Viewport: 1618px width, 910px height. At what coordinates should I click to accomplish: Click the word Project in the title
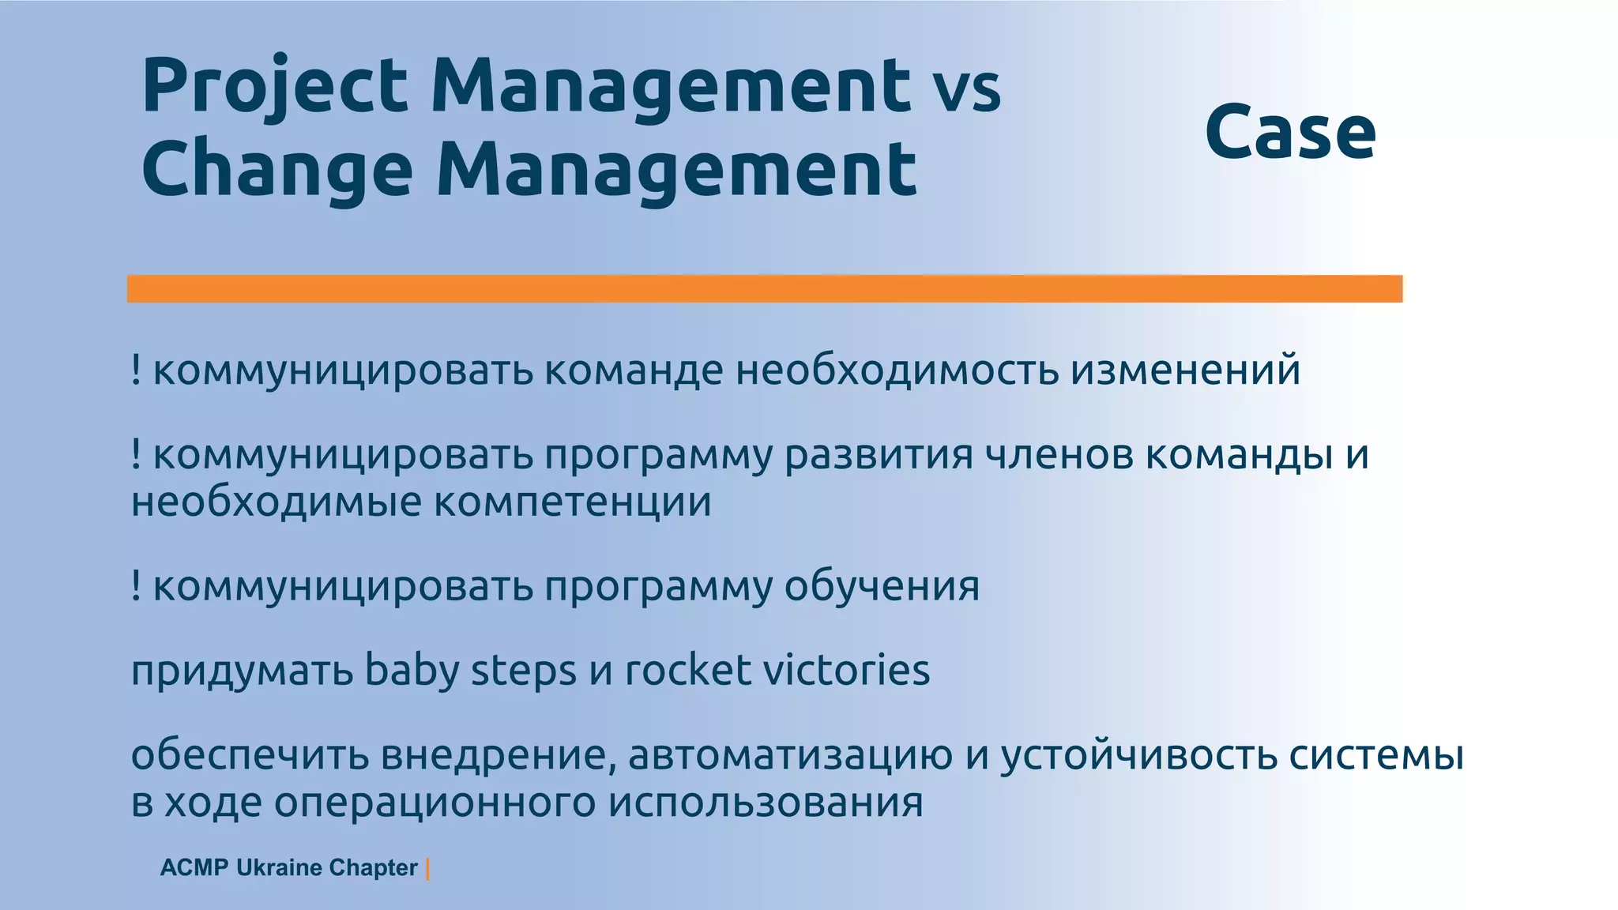click(x=273, y=87)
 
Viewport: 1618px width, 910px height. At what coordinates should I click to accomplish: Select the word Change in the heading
click(x=277, y=170)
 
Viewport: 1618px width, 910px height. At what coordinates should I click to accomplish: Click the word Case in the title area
click(x=1290, y=132)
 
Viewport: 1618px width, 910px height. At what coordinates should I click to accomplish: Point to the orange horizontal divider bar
click(x=764, y=288)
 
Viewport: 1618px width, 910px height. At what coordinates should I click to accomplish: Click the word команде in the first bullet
click(x=633, y=370)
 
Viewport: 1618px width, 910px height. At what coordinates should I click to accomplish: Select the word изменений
click(x=1185, y=370)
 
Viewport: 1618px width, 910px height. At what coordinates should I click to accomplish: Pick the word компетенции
click(x=572, y=502)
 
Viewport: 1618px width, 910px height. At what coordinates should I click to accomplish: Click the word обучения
click(x=882, y=586)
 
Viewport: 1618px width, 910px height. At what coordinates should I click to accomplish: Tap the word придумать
click(x=242, y=671)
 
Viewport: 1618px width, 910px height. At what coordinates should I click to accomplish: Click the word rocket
click(x=687, y=671)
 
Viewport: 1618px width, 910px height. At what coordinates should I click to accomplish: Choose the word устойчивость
click(x=1138, y=755)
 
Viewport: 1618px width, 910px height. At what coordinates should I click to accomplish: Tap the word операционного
click(x=435, y=803)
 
